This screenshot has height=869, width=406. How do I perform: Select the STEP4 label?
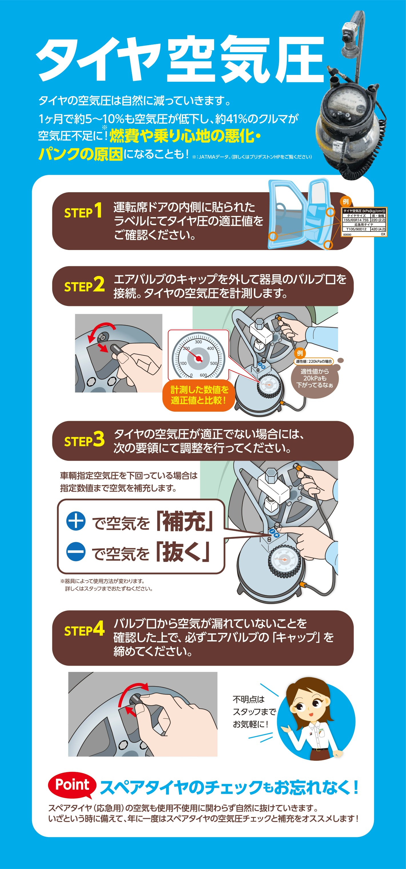[84, 630]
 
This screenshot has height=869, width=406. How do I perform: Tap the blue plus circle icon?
[76, 521]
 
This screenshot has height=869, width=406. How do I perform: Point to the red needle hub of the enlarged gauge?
[199, 358]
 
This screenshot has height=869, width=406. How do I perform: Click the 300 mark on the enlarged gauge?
[198, 342]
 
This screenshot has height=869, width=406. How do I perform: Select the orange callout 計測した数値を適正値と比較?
[199, 395]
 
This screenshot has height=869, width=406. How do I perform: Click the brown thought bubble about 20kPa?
[315, 379]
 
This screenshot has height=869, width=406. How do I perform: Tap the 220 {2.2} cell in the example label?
[378, 220]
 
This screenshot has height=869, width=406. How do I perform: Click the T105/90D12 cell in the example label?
[356, 229]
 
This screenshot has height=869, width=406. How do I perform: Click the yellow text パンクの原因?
[80, 154]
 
